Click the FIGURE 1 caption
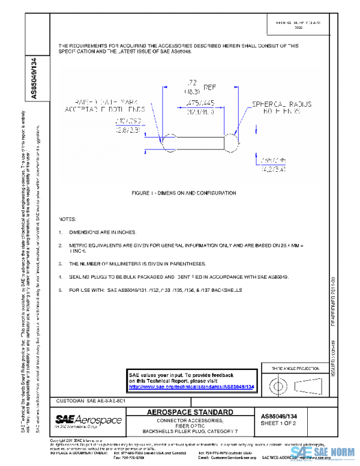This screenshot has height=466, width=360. [184, 193]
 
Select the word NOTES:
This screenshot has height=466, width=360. [67, 219]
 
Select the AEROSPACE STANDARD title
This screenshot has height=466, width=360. [190, 413]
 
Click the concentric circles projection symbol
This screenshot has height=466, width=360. [277, 383]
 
